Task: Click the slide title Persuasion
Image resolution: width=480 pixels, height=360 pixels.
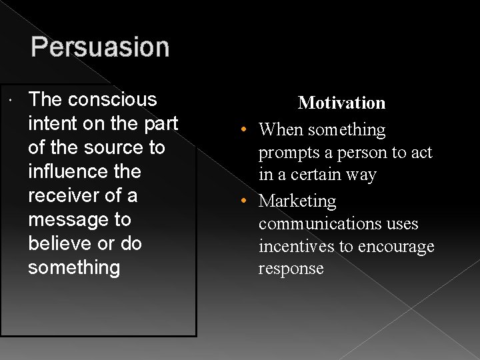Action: pyautogui.click(x=100, y=47)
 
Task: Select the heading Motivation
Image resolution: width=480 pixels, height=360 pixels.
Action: pyautogui.click(x=341, y=103)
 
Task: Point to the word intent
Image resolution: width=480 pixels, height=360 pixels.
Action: pyautogui.click(x=50, y=123)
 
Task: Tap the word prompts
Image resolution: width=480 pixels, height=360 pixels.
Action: pyautogui.click(x=289, y=153)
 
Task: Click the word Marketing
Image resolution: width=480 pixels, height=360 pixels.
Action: pyautogui.click(x=297, y=201)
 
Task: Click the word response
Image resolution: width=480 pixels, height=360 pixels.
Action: pyautogui.click(x=291, y=269)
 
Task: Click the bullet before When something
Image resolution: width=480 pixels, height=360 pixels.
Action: pyautogui.click(x=246, y=130)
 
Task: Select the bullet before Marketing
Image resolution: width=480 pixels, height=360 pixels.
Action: pyautogui.click(x=246, y=201)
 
